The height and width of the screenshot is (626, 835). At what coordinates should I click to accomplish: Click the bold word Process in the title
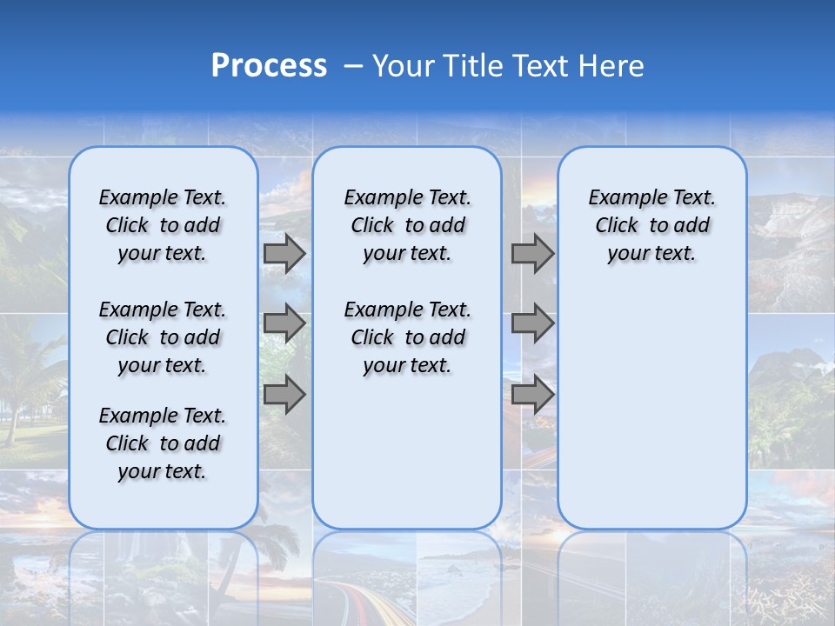pos(269,66)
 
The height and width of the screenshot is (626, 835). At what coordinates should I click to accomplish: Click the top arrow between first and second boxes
pos(284,253)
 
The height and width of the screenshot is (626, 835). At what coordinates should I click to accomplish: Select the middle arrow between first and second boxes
pos(284,323)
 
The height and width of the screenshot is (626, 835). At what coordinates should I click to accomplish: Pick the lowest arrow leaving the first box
pos(284,395)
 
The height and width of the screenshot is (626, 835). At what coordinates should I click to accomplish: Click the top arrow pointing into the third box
pos(532,253)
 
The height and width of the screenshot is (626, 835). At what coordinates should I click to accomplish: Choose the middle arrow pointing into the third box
pos(532,323)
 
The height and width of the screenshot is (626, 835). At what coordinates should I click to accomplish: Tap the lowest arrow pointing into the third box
pos(532,395)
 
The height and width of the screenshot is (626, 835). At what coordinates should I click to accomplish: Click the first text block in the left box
pos(163,225)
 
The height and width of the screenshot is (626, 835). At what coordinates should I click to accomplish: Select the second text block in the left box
pos(163,337)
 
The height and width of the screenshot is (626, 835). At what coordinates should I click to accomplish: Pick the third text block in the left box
pos(163,443)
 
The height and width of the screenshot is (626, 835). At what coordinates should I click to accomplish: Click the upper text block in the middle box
pos(407,225)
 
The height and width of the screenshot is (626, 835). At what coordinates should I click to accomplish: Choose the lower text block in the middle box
pos(407,337)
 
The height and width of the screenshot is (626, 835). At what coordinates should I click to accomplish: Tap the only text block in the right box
pos(651,225)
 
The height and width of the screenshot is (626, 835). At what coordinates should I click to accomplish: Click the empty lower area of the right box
pos(651,409)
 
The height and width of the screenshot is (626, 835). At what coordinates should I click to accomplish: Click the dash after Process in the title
pos(352,66)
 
